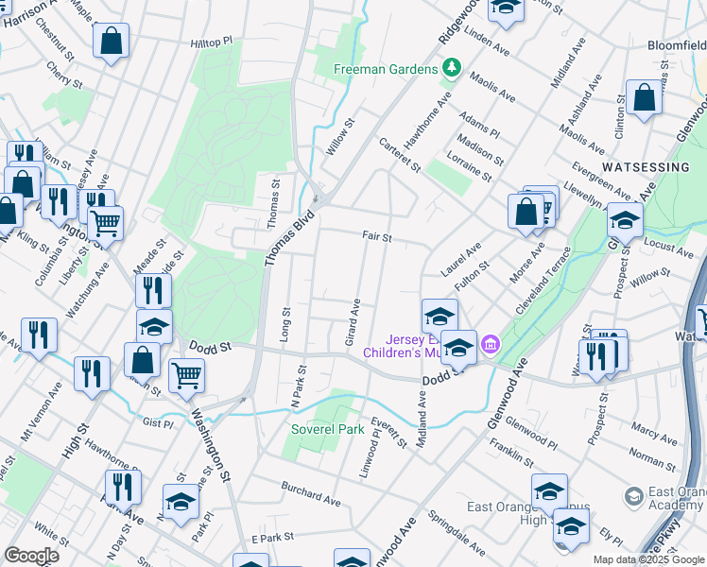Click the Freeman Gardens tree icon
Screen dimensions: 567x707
452,69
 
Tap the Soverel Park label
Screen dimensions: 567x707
326,428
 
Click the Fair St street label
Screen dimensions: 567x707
376,237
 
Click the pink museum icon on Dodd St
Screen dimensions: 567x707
489,342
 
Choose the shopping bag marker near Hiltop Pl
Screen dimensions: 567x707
112,42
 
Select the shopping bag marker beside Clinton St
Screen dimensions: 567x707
644,97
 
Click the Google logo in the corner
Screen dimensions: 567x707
31,556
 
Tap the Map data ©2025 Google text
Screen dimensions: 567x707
648,559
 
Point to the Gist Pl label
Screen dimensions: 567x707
156,423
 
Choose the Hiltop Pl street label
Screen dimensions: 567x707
210,43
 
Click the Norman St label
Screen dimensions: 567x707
652,458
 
